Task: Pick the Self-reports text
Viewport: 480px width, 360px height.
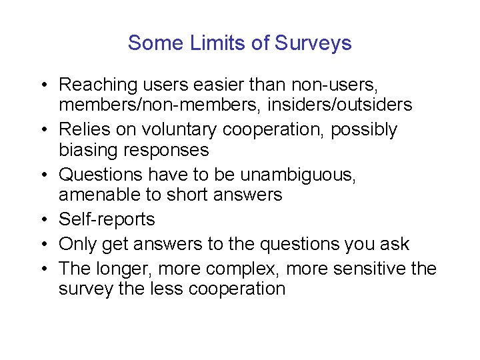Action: [107, 219]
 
